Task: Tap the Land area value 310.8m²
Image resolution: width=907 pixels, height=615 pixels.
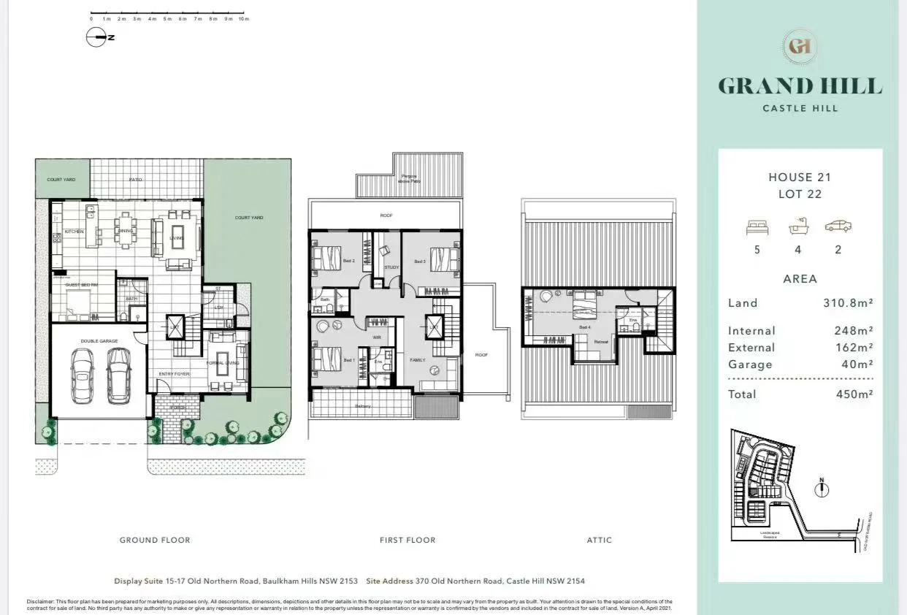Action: point(849,303)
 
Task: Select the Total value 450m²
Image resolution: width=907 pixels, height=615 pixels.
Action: point(854,394)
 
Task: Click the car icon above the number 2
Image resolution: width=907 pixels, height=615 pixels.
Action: point(838,226)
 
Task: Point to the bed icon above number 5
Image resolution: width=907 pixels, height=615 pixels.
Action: point(757,227)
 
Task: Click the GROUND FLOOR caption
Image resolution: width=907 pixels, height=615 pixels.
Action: point(155,540)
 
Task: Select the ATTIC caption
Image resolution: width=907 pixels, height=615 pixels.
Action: point(600,540)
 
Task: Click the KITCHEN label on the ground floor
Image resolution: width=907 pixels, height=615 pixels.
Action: point(74,232)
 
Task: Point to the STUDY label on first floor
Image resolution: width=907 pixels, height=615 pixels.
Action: point(391,267)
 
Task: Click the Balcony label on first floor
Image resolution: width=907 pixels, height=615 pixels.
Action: point(364,406)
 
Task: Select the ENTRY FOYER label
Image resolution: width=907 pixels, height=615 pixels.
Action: point(174,374)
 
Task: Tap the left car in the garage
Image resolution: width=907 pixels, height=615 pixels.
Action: point(82,374)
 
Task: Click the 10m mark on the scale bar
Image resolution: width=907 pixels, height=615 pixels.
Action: point(244,19)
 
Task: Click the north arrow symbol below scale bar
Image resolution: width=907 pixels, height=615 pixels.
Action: point(96,37)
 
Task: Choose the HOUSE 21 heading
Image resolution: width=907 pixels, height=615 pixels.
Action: point(800,177)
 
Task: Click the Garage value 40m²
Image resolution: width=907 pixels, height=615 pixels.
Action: point(858,364)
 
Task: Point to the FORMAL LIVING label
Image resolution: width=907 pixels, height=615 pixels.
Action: point(223,363)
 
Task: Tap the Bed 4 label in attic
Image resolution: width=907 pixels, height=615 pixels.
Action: point(584,327)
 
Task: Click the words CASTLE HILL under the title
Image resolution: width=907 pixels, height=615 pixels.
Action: point(800,109)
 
